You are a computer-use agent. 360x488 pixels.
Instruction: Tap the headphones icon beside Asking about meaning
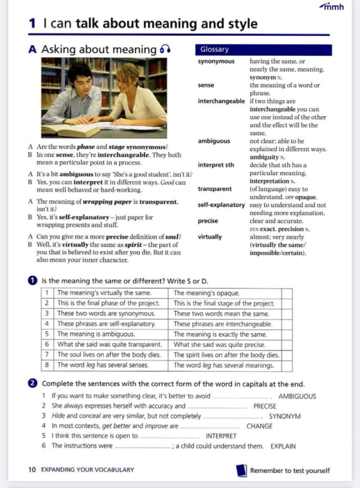click(x=165, y=50)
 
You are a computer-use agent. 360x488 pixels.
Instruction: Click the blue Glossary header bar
click(x=263, y=50)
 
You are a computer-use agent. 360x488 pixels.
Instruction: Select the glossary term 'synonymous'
click(x=216, y=61)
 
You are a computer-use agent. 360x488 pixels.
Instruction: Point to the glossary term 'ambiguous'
click(x=214, y=141)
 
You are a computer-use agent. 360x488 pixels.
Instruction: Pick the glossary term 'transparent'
click(x=215, y=189)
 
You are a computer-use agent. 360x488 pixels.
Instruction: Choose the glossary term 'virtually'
click(x=210, y=237)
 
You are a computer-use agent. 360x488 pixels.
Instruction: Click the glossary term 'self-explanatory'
click(x=221, y=205)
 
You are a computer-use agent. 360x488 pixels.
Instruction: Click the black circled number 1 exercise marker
click(x=33, y=280)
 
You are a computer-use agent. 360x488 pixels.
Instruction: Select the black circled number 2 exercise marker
click(x=33, y=384)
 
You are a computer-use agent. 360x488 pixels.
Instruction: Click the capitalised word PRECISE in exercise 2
click(x=264, y=407)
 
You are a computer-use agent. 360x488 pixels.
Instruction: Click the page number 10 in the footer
click(x=32, y=470)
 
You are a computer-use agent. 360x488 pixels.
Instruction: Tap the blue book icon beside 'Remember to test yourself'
click(x=241, y=470)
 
